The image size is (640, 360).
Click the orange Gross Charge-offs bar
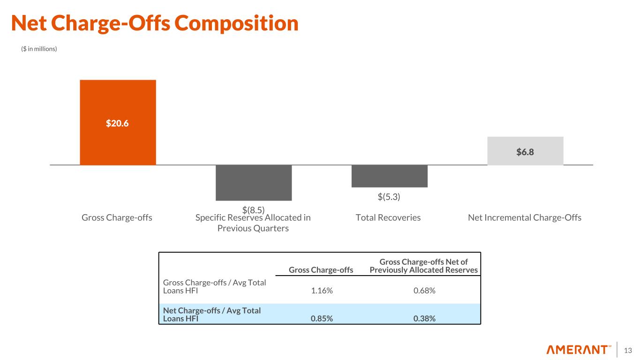(x=118, y=101)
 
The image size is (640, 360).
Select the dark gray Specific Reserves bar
(x=254, y=183)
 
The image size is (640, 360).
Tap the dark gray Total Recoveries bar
(x=389, y=176)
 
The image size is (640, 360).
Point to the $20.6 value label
(x=117, y=124)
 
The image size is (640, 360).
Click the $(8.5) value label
(x=254, y=210)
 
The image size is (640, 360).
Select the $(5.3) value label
(x=389, y=197)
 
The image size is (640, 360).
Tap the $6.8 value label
(x=525, y=152)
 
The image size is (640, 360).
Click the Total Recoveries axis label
(x=388, y=217)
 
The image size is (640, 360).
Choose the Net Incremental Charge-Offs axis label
(x=525, y=217)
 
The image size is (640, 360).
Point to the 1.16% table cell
(x=322, y=291)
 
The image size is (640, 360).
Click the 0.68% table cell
(x=424, y=291)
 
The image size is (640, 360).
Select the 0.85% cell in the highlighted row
(x=322, y=319)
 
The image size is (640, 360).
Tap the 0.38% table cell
(x=424, y=319)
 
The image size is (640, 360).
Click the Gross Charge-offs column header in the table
(x=321, y=270)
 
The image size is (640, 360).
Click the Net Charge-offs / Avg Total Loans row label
(x=212, y=315)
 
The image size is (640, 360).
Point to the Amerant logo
(x=579, y=350)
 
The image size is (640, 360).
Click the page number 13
(x=628, y=350)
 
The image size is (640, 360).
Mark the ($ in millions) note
(x=39, y=49)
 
